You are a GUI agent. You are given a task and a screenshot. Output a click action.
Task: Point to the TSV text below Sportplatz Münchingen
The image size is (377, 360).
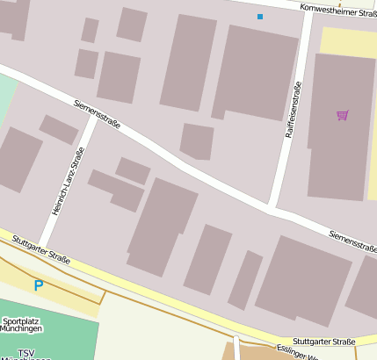click(x=26, y=353)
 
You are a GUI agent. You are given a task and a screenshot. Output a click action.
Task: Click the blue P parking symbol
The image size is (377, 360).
click(x=38, y=284)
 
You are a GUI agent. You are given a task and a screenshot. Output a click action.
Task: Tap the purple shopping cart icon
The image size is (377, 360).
click(x=342, y=115)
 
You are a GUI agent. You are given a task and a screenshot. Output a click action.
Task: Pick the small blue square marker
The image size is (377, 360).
click(x=259, y=17)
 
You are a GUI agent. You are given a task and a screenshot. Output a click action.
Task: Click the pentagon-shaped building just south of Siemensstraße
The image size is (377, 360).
click(x=197, y=141)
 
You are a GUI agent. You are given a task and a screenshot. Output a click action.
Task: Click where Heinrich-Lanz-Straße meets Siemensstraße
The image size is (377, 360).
click(x=95, y=118)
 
